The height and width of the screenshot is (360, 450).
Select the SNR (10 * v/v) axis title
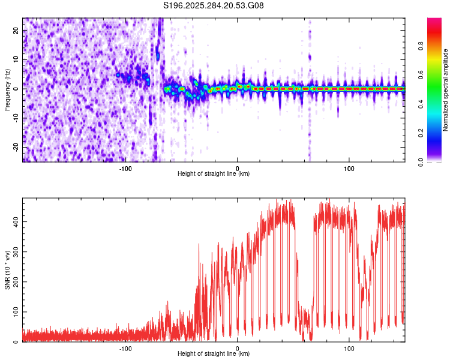7,270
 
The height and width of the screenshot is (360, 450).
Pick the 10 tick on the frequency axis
17,59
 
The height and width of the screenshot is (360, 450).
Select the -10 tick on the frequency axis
16,118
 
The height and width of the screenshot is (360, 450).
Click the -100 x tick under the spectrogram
125,169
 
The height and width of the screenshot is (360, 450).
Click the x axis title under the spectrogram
214,174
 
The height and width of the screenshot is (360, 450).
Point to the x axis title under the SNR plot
214,354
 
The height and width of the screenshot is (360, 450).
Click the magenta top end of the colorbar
434,21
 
